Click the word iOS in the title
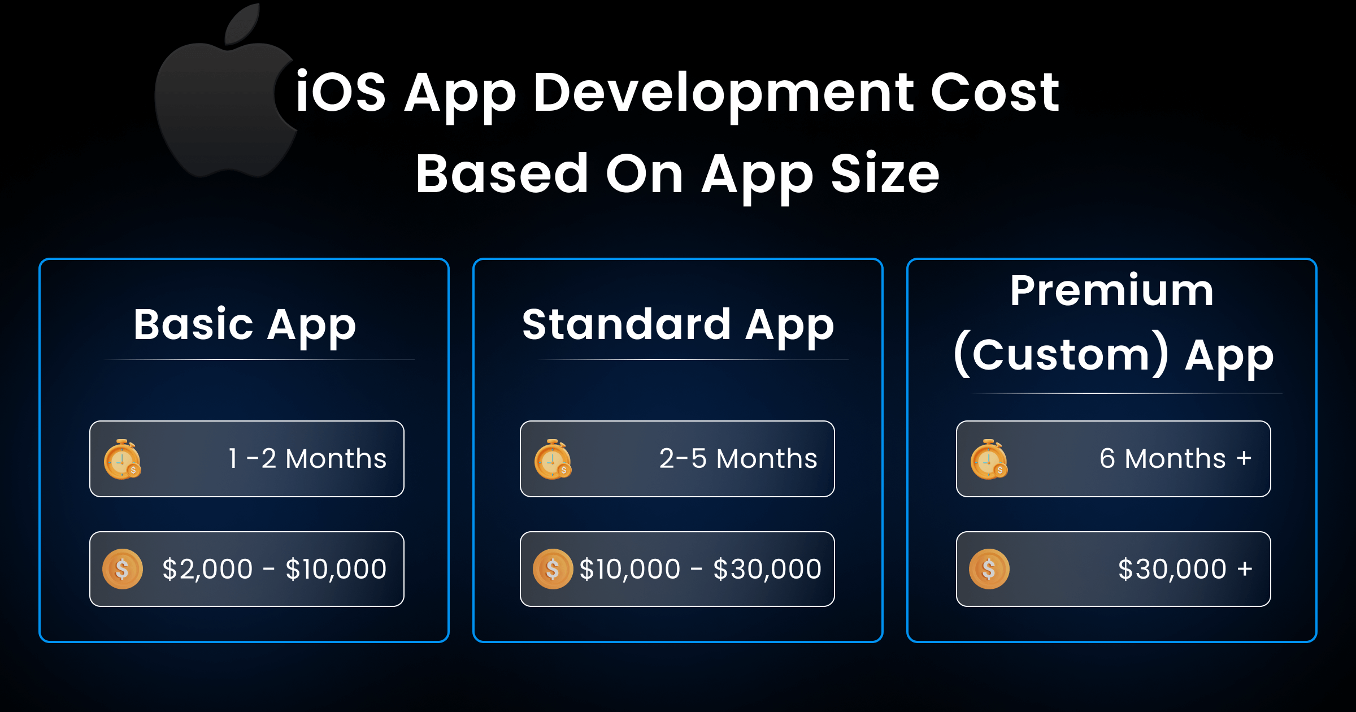point(340,92)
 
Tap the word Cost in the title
point(994,92)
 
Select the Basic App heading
point(245,325)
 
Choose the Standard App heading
point(677,325)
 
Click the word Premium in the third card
point(1111,291)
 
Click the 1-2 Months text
point(307,458)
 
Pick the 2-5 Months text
point(738,458)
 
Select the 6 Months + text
point(1175,458)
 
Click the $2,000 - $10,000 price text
point(274,569)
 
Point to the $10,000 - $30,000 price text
point(700,569)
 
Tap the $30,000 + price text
point(1185,569)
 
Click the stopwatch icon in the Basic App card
point(122,459)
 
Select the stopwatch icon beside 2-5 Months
point(553,459)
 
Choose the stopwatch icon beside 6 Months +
point(989,459)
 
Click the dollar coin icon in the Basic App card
point(122,569)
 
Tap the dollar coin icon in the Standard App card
point(553,569)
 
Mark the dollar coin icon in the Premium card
point(989,569)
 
